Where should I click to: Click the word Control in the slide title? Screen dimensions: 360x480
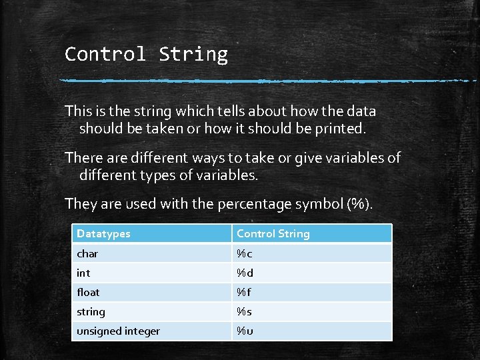coord(105,54)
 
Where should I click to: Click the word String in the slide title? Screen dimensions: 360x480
coord(193,54)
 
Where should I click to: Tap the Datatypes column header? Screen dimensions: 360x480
coord(103,233)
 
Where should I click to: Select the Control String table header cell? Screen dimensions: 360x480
coord(273,233)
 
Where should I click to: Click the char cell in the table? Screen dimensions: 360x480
coord(87,253)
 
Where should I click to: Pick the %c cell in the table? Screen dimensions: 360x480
coord(245,253)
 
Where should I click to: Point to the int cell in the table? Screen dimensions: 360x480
coord(83,273)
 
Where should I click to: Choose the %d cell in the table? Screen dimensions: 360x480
coord(245,273)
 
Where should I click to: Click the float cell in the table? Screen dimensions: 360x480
coord(88,292)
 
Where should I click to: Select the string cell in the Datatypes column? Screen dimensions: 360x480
coord(91,311)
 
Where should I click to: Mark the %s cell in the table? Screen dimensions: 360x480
coord(244,311)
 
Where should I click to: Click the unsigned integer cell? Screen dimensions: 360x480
coord(118,331)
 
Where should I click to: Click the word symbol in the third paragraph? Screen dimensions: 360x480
coord(325,204)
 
